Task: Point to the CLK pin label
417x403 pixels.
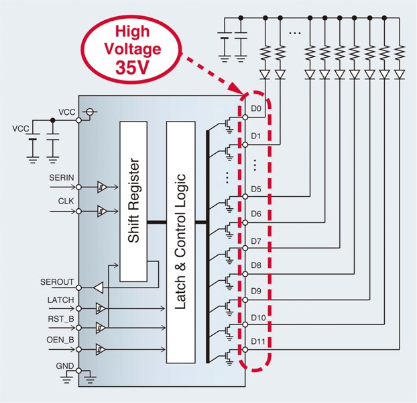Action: (x=56, y=201)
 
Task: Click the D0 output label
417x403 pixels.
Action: (x=256, y=109)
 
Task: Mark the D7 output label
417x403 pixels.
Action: (x=256, y=240)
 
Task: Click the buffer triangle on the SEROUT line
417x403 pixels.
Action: (x=97, y=287)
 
